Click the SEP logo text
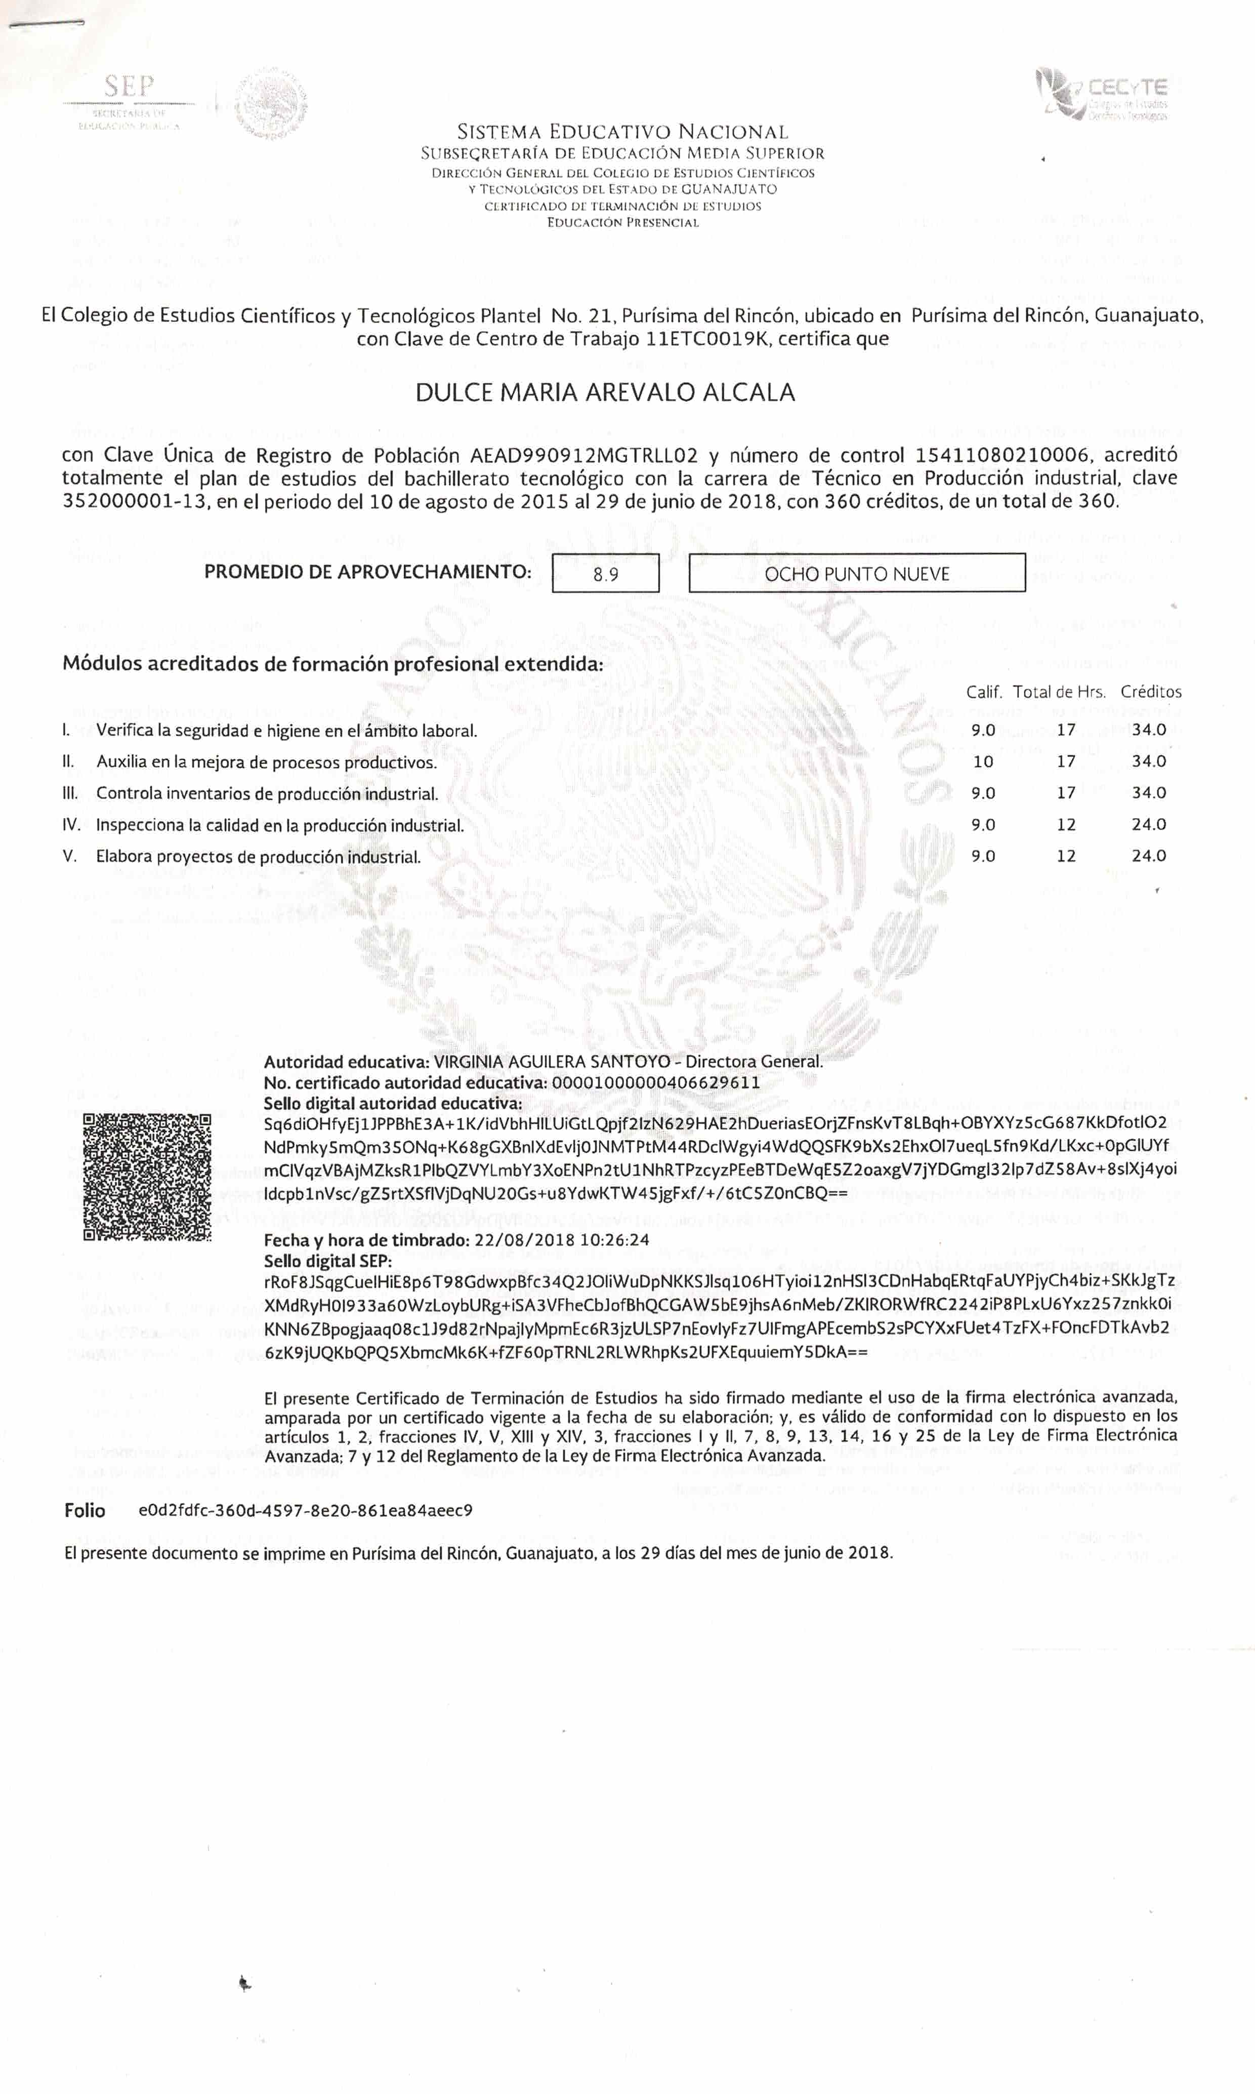(x=130, y=86)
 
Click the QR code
(x=147, y=1177)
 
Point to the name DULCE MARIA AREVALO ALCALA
(x=606, y=392)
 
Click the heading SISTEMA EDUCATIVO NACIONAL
(x=622, y=132)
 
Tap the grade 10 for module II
(x=983, y=761)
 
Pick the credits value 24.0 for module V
(x=1148, y=856)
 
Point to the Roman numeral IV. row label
(x=72, y=825)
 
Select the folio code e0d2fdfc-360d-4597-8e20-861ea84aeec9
(x=305, y=1510)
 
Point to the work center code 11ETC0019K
(x=708, y=339)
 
